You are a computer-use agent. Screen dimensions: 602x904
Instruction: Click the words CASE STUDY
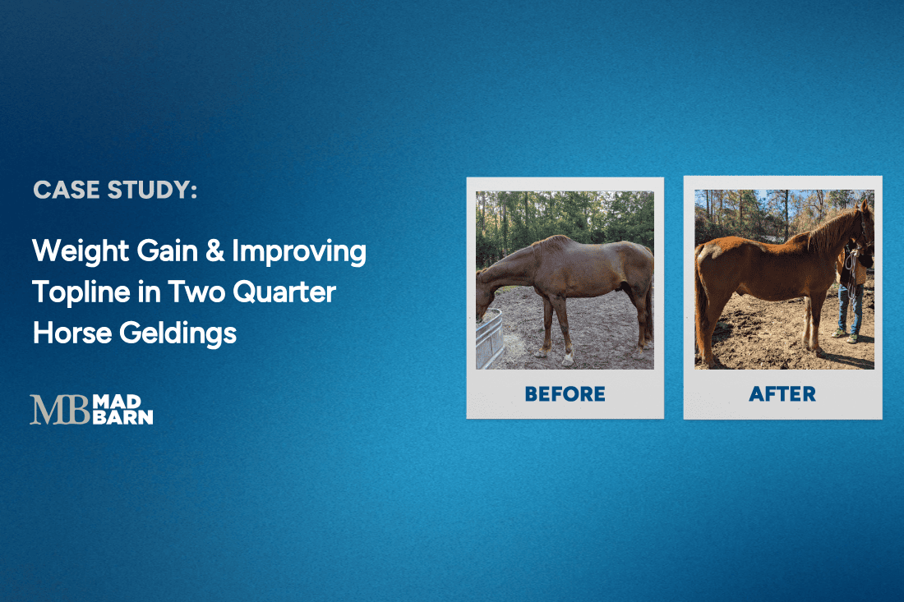coord(115,191)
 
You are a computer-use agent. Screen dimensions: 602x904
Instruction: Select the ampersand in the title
coord(214,252)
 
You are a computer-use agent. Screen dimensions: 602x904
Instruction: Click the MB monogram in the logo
coord(59,410)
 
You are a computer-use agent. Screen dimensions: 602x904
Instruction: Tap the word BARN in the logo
coord(123,417)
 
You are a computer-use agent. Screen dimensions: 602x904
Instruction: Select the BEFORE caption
coord(565,394)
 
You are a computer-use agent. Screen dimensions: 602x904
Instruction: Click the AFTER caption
coord(782,394)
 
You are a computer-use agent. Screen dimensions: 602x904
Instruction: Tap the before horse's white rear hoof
coord(569,359)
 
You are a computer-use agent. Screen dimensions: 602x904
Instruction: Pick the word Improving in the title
coord(299,252)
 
